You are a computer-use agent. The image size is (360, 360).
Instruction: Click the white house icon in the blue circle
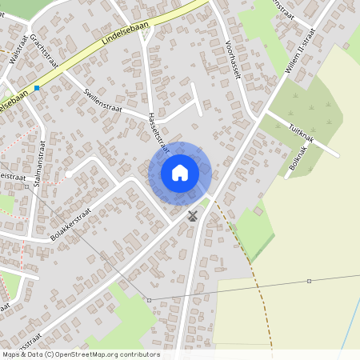point(179,173)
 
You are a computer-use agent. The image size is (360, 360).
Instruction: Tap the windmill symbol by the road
point(192,214)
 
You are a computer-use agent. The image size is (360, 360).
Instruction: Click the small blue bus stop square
point(37,88)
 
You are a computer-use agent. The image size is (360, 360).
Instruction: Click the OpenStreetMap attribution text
point(80,354)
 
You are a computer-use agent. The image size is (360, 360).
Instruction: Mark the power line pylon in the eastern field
point(309,281)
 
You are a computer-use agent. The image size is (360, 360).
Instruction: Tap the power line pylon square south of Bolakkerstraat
point(149,300)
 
